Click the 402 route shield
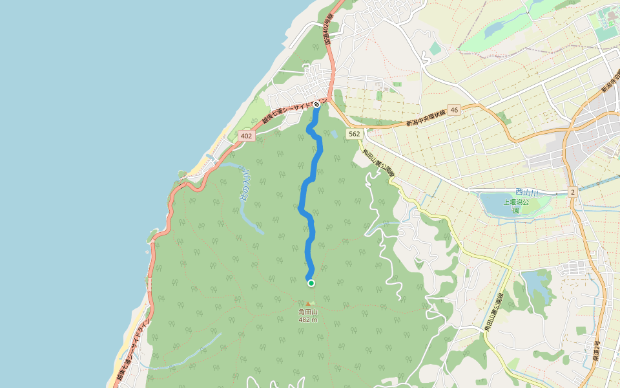point(245,136)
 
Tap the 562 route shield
point(353,134)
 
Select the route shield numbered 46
point(455,111)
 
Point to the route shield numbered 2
point(572,192)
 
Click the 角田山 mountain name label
point(308,312)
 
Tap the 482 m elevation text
point(308,319)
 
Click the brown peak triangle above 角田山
point(309,303)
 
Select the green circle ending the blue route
point(311,283)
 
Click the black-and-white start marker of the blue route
point(317,104)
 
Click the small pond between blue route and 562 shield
point(333,135)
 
